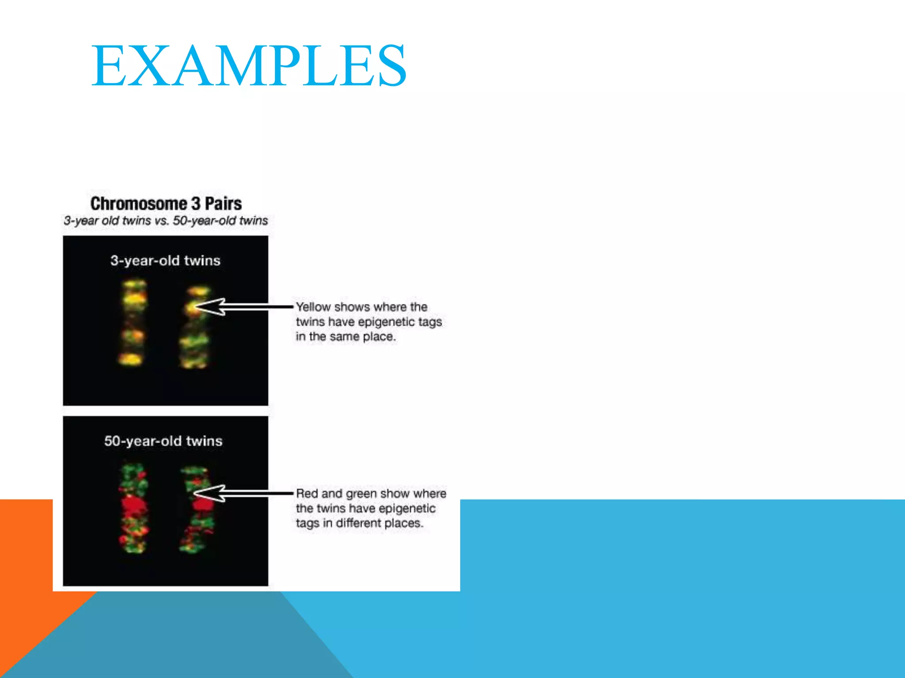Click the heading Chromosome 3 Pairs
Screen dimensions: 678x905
pyautogui.click(x=166, y=203)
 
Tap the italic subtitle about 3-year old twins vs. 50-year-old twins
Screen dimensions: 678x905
pyautogui.click(x=166, y=220)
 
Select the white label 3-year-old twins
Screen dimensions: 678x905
pyautogui.click(x=165, y=260)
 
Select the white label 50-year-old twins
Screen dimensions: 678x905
pyautogui.click(x=163, y=441)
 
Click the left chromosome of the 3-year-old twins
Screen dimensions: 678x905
pyautogui.click(x=133, y=322)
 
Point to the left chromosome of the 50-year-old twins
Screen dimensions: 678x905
pyautogui.click(x=133, y=508)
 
